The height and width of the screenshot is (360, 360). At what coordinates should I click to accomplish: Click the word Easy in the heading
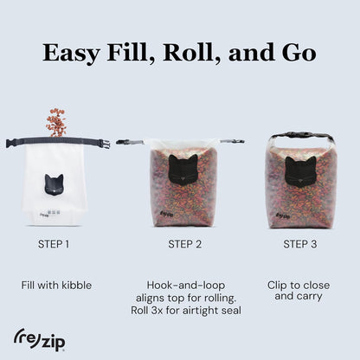point(74,53)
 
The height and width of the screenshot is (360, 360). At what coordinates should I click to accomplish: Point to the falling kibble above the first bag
point(55,121)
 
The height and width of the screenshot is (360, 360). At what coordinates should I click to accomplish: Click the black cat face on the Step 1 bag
point(54,184)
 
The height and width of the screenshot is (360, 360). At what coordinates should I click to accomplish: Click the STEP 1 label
point(55,244)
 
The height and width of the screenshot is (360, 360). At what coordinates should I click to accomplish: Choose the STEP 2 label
point(184,244)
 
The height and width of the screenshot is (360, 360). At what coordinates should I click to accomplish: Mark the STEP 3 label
point(300,244)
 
